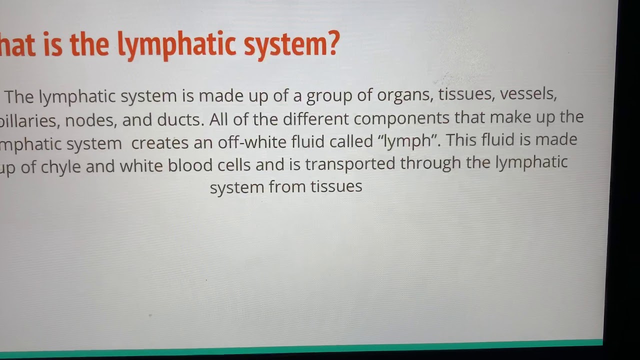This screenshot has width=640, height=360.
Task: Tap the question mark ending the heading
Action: pos(332,43)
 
